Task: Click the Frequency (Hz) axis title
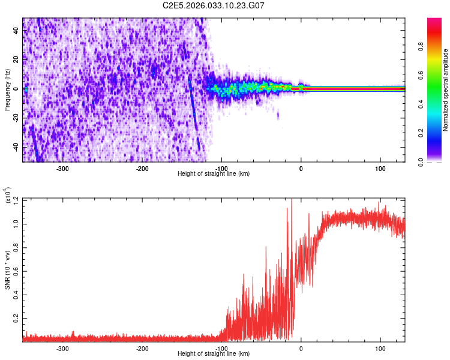7,90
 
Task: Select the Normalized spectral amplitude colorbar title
446,91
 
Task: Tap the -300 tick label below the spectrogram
62,169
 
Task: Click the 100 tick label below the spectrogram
380,169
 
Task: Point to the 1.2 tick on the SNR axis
16,198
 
